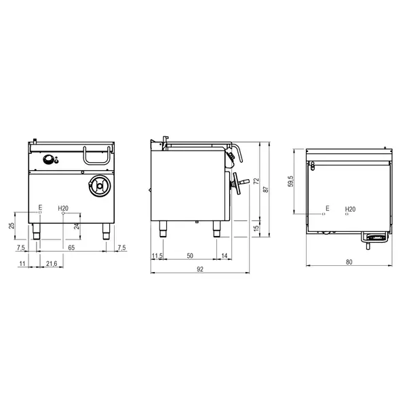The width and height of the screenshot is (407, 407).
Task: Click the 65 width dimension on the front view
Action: pos(71,248)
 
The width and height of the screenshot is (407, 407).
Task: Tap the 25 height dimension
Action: pos(11,225)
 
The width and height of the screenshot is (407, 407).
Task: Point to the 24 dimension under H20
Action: pos(77,227)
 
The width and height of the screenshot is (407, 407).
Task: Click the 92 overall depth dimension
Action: pos(200,269)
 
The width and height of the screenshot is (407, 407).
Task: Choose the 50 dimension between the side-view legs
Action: pos(190,255)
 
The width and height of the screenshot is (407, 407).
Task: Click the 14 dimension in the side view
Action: pos(225,255)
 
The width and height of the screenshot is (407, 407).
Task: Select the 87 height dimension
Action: pos(265,191)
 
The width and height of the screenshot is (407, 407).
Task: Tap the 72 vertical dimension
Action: pos(256,182)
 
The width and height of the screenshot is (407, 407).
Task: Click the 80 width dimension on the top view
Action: pos(349,262)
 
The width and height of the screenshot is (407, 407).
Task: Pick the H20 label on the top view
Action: pos(350,209)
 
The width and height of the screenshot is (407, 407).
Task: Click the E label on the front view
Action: pos(40,207)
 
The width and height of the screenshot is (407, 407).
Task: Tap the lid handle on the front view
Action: pos(94,155)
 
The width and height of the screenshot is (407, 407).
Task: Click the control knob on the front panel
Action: pos(49,160)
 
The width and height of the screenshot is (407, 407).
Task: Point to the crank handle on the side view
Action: pos(237,182)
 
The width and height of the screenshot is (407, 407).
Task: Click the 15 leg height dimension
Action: pos(256,225)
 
